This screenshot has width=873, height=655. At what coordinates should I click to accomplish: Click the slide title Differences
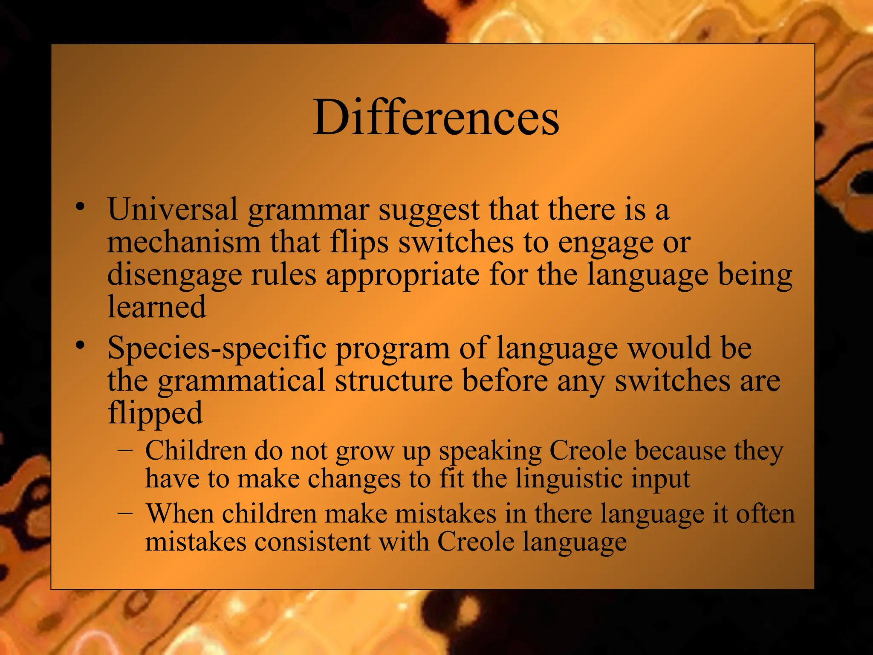click(436, 117)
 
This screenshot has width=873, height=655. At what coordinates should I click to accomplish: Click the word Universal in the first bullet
click(172, 209)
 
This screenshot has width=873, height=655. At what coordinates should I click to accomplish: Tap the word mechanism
click(183, 242)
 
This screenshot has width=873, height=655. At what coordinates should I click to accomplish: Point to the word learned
click(156, 307)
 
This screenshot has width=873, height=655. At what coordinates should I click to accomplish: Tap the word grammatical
click(241, 381)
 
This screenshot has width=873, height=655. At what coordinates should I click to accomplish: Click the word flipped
click(155, 414)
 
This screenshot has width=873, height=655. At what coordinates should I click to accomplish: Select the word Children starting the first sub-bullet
click(196, 451)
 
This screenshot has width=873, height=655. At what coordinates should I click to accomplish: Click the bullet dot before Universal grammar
click(79, 207)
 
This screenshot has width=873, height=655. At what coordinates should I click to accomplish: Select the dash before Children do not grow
click(125, 450)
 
